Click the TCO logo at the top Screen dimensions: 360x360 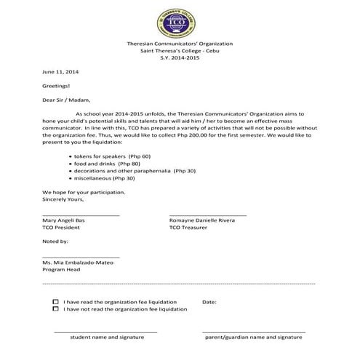click(x=179, y=23)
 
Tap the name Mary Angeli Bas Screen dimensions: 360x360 click(x=69, y=220)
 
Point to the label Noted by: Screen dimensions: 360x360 click(x=55, y=241)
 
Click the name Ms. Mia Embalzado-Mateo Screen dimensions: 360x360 click(x=81, y=262)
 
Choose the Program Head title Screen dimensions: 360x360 click(x=62, y=269)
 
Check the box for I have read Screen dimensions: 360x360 click(x=56, y=300)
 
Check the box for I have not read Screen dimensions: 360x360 click(x=56, y=308)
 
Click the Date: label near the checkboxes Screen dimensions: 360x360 click(x=209, y=301)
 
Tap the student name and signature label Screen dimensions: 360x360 click(x=107, y=337)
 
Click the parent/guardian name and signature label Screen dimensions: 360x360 click(x=253, y=337)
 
